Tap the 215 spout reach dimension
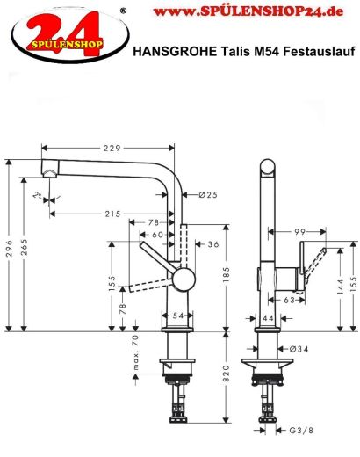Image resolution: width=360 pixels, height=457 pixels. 112,214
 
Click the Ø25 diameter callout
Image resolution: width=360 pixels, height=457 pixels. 208,194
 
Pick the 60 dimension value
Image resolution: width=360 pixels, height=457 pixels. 156,235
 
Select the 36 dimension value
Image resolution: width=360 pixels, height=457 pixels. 213,244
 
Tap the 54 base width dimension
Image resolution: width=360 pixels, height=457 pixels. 176,315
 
